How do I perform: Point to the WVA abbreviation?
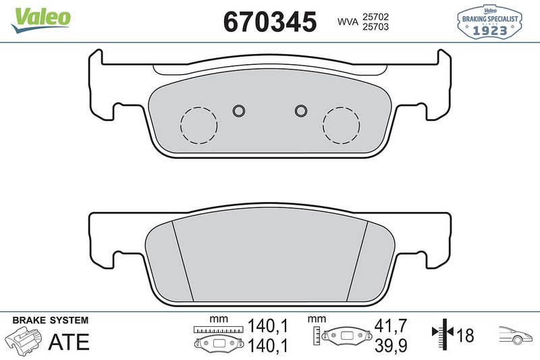[348, 22]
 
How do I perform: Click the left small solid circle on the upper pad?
[238, 111]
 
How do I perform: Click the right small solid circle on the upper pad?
[302, 111]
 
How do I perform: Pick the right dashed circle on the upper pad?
[341, 125]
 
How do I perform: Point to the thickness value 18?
[465, 334]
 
